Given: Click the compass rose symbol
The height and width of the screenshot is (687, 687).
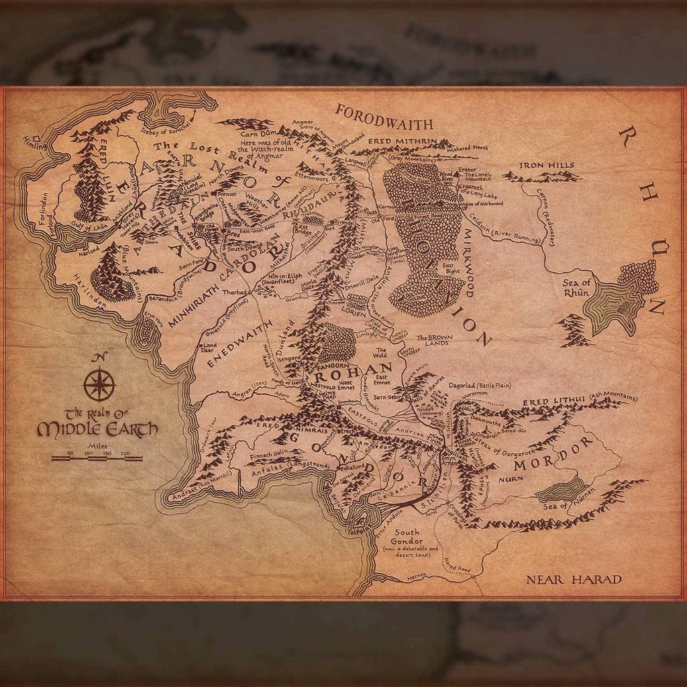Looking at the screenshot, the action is tap(99, 384).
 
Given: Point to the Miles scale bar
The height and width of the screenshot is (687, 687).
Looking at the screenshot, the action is tap(97, 458).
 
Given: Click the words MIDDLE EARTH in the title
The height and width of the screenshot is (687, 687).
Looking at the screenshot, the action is tap(97, 429).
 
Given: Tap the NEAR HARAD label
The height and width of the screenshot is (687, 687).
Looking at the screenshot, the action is tap(574, 579).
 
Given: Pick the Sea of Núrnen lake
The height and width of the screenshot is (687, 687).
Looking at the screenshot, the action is tap(560, 489).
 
